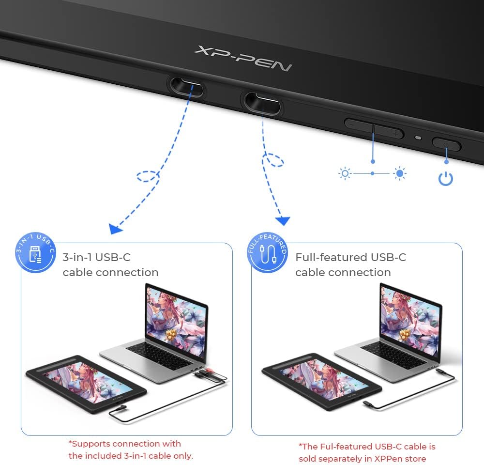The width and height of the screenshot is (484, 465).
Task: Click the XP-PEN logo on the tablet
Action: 243,58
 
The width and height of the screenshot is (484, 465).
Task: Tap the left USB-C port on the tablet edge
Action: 187,88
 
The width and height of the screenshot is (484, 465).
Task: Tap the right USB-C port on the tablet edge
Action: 262,103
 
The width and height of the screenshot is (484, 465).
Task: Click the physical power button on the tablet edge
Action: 446,144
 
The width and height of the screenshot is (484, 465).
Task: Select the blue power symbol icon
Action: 446,179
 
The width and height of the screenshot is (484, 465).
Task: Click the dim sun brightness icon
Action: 345,173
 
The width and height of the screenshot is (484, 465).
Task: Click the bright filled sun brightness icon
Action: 400,173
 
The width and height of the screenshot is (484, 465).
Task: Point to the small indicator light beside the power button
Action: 418,138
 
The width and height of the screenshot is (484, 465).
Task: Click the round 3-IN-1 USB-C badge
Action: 35,252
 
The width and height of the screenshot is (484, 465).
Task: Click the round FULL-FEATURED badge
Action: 268,252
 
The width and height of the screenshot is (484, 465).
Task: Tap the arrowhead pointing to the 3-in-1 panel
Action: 116,229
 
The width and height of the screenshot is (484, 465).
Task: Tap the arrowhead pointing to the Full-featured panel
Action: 283,220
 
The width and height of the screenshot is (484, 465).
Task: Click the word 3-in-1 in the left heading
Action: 77,257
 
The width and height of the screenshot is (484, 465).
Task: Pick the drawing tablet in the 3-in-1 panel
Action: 86,384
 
